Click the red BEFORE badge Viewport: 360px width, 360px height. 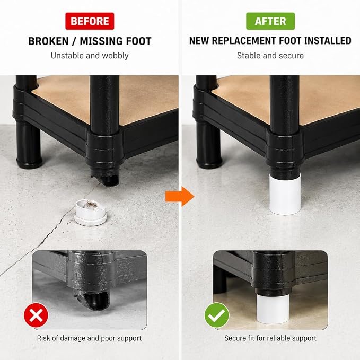(x=90, y=21)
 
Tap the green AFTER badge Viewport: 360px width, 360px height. (x=270, y=21)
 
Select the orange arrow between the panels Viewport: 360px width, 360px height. (x=180, y=197)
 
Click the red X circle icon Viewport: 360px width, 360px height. (x=36, y=315)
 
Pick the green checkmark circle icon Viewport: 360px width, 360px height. (x=217, y=315)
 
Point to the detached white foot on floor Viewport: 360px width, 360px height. (x=91, y=213)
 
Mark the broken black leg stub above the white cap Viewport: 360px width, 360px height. (x=106, y=176)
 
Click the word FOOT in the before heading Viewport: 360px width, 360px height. (x=139, y=41)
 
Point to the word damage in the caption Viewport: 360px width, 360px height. (x=72, y=338)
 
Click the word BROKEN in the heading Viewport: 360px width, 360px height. (x=48, y=41)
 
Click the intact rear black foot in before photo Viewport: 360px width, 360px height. (x=29, y=144)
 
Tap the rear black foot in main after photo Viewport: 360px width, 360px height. (x=208, y=144)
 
